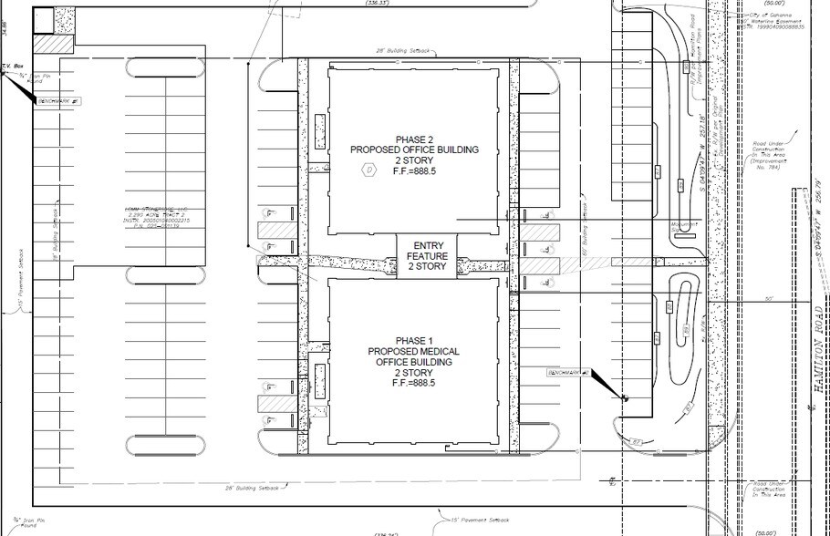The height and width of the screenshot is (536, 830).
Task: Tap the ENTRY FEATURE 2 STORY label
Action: tap(429, 256)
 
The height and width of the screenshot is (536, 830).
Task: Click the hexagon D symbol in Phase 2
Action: tap(368, 169)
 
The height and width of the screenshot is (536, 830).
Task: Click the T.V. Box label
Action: tap(13, 67)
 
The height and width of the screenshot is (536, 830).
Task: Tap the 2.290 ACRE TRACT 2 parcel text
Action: tap(154, 219)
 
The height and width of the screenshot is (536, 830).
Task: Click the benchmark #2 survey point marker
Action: tap(625, 398)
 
